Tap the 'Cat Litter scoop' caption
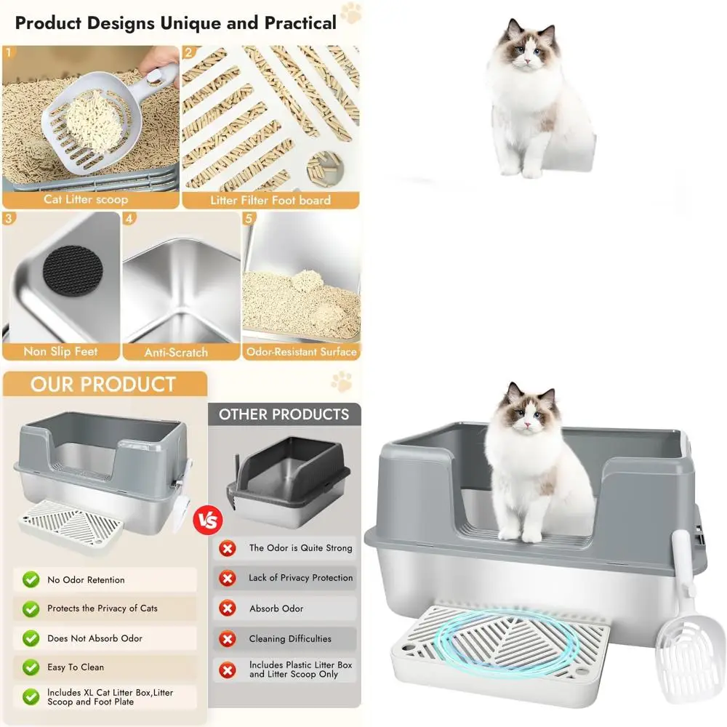pyautogui.click(x=86, y=199)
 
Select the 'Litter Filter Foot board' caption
pyautogui.click(x=270, y=200)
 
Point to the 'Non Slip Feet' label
pyautogui.click(x=61, y=351)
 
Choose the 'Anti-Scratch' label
pyautogui.click(x=176, y=352)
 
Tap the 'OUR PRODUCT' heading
pyautogui.click(x=103, y=384)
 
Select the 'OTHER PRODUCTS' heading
pyautogui.click(x=284, y=414)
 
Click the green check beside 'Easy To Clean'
pyautogui.click(x=31, y=667)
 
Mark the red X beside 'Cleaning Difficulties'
pyautogui.click(x=228, y=639)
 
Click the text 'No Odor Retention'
pyautogui.click(x=86, y=580)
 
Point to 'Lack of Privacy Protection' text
pyautogui.click(x=300, y=578)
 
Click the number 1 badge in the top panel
pyautogui.click(x=9, y=52)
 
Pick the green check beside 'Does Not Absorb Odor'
pyautogui.click(x=31, y=638)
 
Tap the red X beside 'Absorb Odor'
pyautogui.click(x=228, y=608)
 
